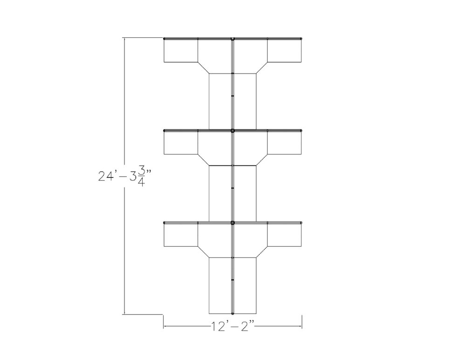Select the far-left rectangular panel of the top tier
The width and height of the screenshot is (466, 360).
tap(181, 50)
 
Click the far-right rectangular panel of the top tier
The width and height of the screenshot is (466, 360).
tap(285, 50)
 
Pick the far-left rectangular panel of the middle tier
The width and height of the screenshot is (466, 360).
tap(181, 143)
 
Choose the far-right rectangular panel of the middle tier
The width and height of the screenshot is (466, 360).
tap(285, 143)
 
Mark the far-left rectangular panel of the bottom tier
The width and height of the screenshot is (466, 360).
tap(181, 235)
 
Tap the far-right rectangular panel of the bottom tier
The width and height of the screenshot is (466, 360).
tap(285, 235)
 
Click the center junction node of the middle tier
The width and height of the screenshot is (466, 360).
tap(233, 131)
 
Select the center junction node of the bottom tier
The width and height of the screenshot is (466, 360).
tap(233, 223)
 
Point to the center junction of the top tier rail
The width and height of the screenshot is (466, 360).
tap(233, 38)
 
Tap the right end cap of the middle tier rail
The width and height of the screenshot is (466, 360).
tap(302, 131)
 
